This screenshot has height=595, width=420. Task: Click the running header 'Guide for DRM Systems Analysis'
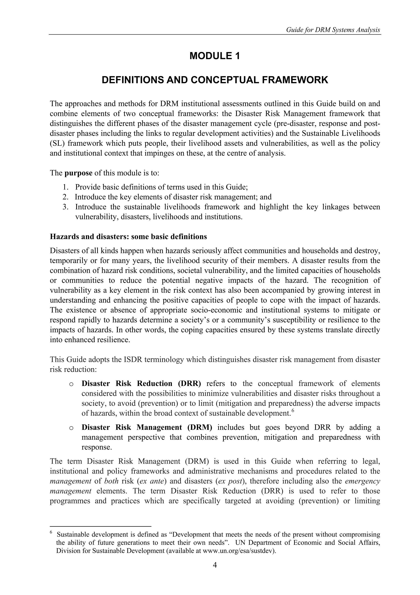(x=333, y=30)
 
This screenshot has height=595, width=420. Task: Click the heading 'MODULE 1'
(x=215, y=56)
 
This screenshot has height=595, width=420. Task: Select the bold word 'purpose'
(x=78, y=173)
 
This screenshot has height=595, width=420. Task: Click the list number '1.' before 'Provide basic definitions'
(x=66, y=187)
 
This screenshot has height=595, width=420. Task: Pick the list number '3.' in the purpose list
(x=66, y=207)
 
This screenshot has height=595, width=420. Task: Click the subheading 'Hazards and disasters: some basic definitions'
(x=128, y=237)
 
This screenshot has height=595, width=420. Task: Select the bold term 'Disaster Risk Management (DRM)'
(x=147, y=427)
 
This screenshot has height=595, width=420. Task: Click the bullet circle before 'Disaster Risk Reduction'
(x=71, y=384)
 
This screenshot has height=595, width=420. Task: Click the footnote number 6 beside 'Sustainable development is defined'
(x=51, y=533)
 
